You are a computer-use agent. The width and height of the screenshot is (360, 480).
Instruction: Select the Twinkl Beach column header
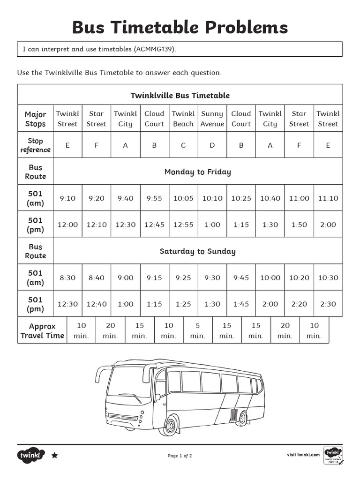[x=183, y=119]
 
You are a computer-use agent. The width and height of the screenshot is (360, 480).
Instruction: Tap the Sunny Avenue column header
[x=212, y=119]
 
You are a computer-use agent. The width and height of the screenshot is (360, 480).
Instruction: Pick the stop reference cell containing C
[x=183, y=145]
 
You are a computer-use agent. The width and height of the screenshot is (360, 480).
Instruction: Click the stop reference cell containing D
[x=212, y=145]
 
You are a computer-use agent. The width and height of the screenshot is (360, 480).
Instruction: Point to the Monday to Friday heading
[x=197, y=172]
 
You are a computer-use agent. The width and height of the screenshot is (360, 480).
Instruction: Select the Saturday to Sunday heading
[x=197, y=251]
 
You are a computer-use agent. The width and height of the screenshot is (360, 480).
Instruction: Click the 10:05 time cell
[x=183, y=198]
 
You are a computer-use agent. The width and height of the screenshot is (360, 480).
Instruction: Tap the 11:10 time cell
[x=328, y=198]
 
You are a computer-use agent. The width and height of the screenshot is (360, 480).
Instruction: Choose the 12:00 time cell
[x=67, y=225]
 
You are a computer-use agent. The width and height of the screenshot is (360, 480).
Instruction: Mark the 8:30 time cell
[x=67, y=277]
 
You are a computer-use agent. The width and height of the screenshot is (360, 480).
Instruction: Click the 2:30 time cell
[x=328, y=304]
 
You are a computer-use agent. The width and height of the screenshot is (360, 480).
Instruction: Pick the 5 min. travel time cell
[x=197, y=330]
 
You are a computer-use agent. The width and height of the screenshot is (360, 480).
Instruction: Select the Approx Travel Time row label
[x=42, y=330]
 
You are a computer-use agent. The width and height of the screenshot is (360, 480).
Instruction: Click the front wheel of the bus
[x=170, y=426]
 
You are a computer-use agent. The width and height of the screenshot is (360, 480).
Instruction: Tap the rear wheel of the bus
[x=241, y=418]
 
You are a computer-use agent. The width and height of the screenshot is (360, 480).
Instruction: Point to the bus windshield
[x=129, y=382]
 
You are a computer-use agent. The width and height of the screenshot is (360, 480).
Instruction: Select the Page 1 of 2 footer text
[x=180, y=456]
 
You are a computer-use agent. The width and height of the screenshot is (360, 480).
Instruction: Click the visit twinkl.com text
[x=303, y=454]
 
